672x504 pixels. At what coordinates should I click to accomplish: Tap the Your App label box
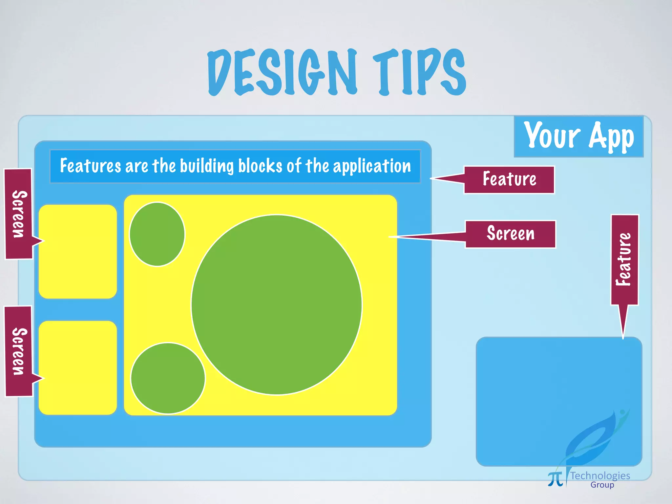[x=578, y=136]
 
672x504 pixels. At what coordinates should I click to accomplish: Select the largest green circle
[x=277, y=304]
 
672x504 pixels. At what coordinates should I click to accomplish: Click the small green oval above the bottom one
[x=157, y=234]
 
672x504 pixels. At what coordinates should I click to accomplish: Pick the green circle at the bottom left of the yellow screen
[x=168, y=378]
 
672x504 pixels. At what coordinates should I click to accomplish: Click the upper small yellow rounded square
[x=78, y=252]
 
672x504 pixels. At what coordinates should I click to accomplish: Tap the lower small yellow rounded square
[x=78, y=368]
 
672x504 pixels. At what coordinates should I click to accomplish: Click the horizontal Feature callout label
[x=509, y=179]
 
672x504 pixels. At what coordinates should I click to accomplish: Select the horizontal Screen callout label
[x=511, y=234]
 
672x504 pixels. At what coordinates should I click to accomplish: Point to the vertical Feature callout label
[x=624, y=260]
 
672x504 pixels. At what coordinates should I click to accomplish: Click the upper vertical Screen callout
[x=19, y=214]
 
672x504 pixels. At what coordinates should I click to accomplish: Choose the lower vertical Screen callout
[x=19, y=351]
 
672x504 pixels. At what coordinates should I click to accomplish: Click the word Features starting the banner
[x=90, y=166]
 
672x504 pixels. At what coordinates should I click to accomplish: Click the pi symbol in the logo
[x=555, y=479]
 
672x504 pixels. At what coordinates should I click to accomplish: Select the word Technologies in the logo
[x=600, y=475]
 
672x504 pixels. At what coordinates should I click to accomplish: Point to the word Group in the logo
[x=602, y=485]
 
